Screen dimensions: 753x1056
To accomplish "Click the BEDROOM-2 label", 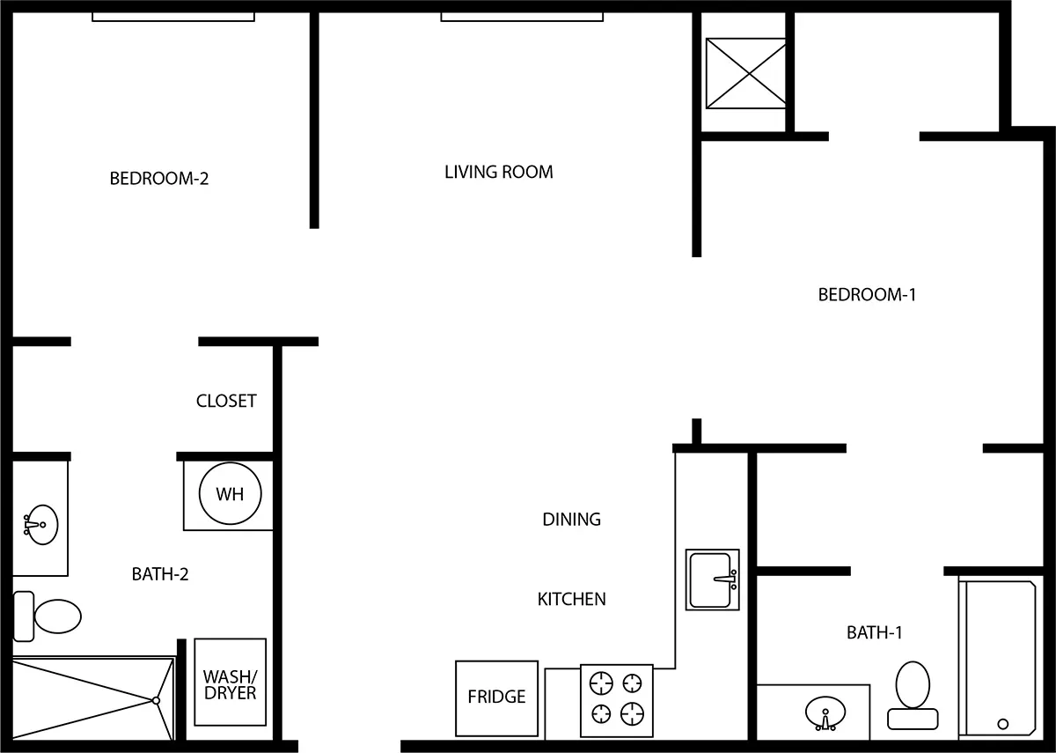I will pyautogui.click(x=159, y=179).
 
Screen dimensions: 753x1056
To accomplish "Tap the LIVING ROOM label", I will pyautogui.click(x=498, y=172).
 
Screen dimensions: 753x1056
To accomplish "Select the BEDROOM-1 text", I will pyautogui.click(x=867, y=294).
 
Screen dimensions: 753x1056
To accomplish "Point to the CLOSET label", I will pyautogui.click(x=226, y=401).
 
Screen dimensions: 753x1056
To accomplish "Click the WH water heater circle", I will pyautogui.click(x=230, y=494).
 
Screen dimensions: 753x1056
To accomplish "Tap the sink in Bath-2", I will pyautogui.click(x=36, y=526).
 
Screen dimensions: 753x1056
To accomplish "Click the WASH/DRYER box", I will pyautogui.click(x=230, y=683).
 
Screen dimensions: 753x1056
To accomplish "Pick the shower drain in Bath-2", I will pyautogui.click(x=156, y=700).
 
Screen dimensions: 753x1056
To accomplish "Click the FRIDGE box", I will pyautogui.click(x=496, y=698).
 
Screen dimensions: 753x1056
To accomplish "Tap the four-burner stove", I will pyautogui.click(x=616, y=698).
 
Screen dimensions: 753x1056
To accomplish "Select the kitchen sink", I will pyautogui.click(x=712, y=580).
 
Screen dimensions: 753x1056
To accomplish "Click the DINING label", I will pyautogui.click(x=571, y=520).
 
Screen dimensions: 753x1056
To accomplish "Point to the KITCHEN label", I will pyautogui.click(x=571, y=599).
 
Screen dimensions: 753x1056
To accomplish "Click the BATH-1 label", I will pyautogui.click(x=874, y=632).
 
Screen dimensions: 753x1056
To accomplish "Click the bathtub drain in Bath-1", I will pyautogui.click(x=1003, y=724).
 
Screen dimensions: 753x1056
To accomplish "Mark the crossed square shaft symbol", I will pyautogui.click(x=746, y=74).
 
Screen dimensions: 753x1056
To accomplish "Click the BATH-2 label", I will pyautogui.click(x=160, y=574).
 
